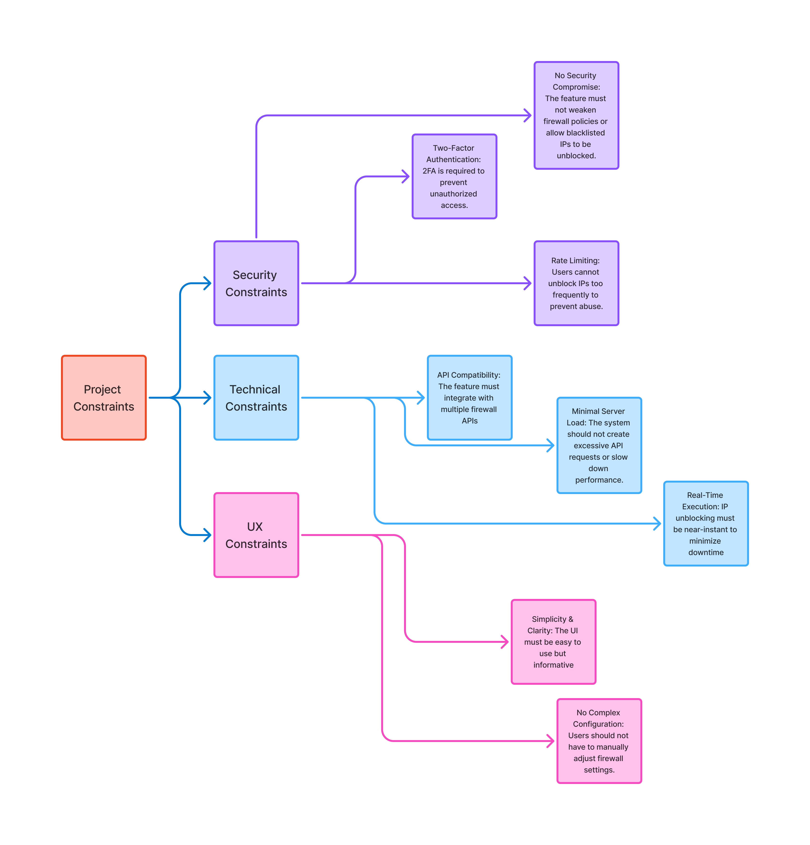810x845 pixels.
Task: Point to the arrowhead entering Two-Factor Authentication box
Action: pyautogui.click(x=406, y=176)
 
